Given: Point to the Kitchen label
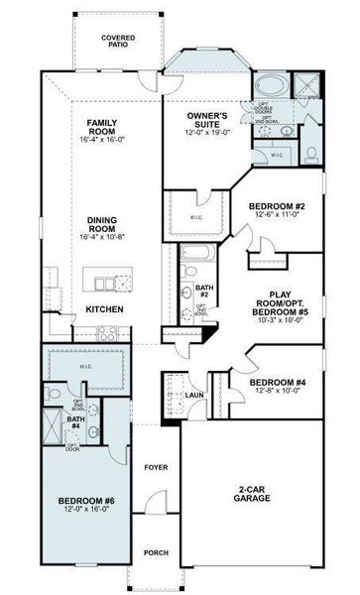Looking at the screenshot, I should (x=104, y=309).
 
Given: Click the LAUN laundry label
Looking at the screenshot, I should (x=193, y=395).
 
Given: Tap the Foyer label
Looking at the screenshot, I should (x=156, y=467).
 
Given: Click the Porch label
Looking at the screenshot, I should (x=156, y=553).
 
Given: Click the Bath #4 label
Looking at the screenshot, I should (x=74, y=421).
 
